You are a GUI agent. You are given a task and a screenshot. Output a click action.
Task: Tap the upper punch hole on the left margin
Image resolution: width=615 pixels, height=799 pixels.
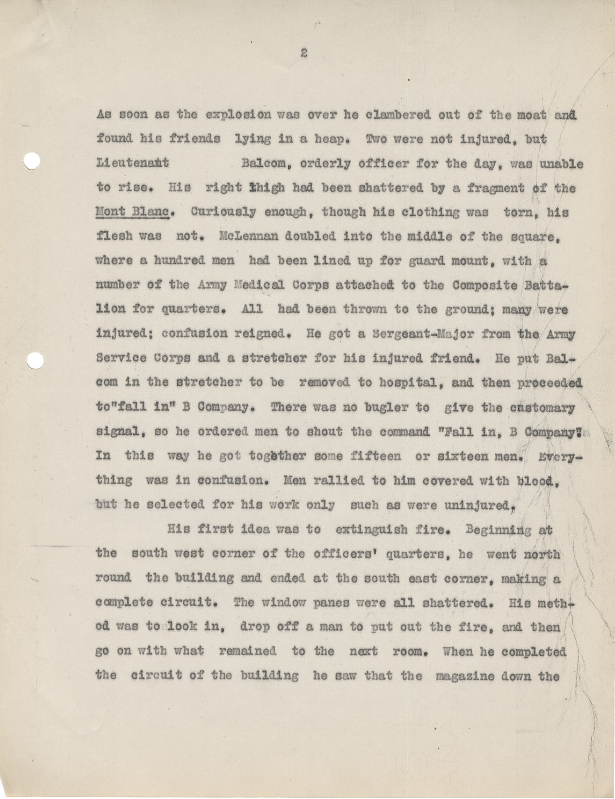[31, 161]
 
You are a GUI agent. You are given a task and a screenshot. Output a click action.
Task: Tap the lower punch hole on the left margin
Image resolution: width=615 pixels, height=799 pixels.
[35, 361]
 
